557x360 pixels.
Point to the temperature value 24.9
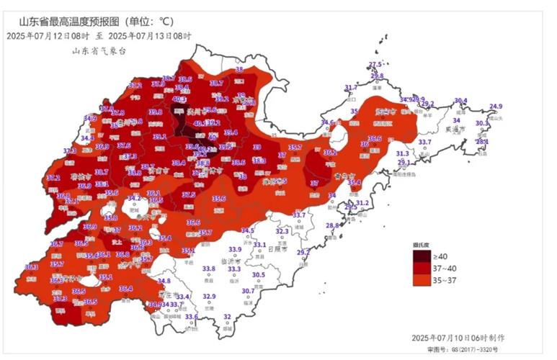(496, 107)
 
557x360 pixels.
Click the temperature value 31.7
(350, 88)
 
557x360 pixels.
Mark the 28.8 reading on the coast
(331, 226)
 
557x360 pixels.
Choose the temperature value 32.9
(209, 296)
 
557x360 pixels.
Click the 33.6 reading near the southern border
(191, 317)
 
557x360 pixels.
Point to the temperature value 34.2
(134, 198)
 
